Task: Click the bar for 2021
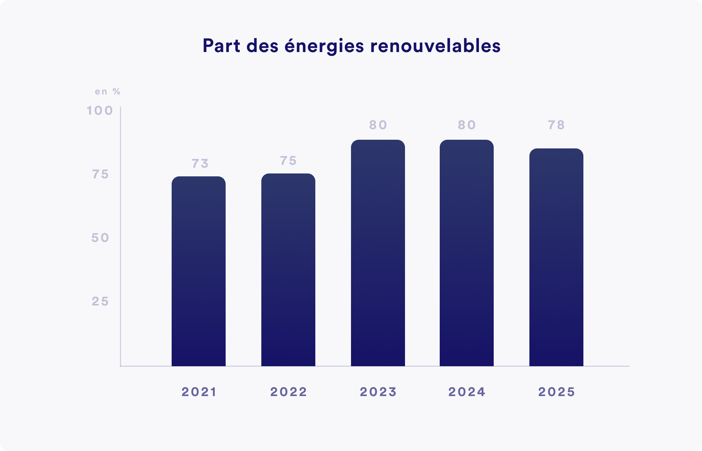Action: pyautogui.click(x=199, y=271)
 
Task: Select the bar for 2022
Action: pyautogui.click(x=288, y=270)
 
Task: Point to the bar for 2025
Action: pyautogui.click(x=556, y=257)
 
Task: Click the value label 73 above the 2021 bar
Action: pyautogui.click(x=200, y=164)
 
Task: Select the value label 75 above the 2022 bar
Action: pyautogui.click(x=288, y=161)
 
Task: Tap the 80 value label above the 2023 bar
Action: pyautogui.click(x=378, y=125)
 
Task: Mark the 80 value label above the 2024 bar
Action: pyautogui.click(x=467, y=125)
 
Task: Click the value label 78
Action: pyautogui.click(x=556, y=125)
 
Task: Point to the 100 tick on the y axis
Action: pyautogui.click(x=100, y=111)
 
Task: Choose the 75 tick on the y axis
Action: pyautogui.click(x=100, y=174)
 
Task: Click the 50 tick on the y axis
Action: pyautogui.click(x=100, y=238)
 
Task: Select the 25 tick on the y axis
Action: pyautogui.click(x=100, y=301)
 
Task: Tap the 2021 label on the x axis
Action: pyautogui.click(x=199, y=392)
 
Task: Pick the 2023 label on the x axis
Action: pyautogui.click(x=378, y=392)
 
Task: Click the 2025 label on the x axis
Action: pyautogui.click(x=556, y=392)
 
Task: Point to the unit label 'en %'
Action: pyautogui.click(x=108, y=92)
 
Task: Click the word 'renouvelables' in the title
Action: pyautogui.click(x=435, y=46)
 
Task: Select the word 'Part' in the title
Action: pyautogui.click(x=221, y=46)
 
